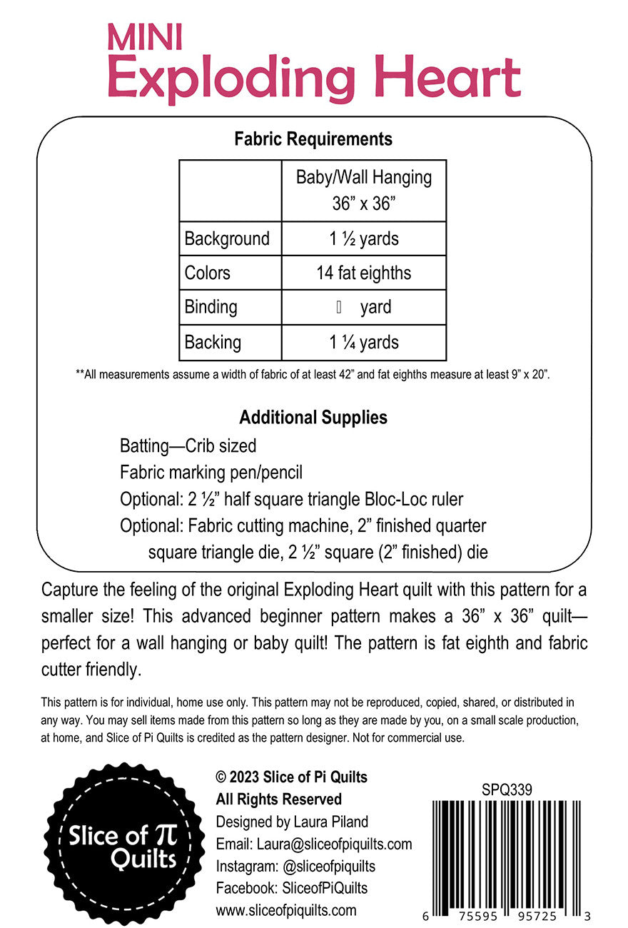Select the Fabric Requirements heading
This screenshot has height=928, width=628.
[313, 138]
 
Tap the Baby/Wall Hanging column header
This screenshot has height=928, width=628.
[364, 190]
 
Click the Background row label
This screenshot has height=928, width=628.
[227, 238]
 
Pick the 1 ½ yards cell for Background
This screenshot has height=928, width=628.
[364, 238]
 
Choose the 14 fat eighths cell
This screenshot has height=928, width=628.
[364, 273]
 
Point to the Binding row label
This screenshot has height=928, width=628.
[211, 307]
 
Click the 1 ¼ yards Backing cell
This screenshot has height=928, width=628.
[364, 342]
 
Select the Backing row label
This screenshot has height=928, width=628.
[213, 342]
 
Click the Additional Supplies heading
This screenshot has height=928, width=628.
[313, 417]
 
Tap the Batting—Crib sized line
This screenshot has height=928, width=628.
[188, 446]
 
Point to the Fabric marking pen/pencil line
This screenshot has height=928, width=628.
[211, 473]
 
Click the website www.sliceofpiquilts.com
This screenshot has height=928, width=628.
[286, 910]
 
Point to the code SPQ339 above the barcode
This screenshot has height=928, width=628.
[507, 790]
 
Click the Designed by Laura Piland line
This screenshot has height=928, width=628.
[292, 822]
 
